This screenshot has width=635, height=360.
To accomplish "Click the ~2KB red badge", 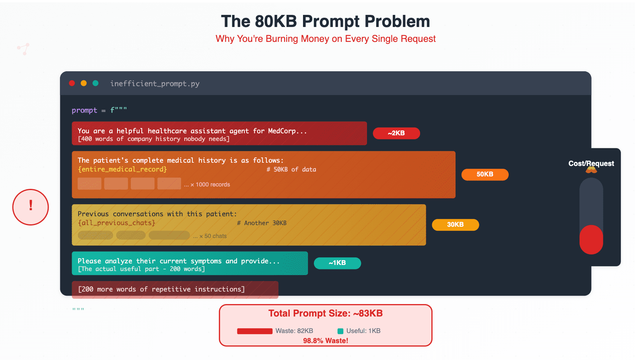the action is point(396,133).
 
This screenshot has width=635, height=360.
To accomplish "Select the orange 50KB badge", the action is point(485,174).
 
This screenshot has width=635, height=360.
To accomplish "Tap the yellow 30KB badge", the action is point(455,225).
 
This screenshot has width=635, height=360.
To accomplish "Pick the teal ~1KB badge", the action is point(337,263).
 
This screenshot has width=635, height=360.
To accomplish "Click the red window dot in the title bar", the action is point(72,83).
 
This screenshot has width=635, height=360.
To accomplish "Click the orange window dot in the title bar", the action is point(84,83).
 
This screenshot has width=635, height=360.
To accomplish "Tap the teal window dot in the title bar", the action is point(95,83).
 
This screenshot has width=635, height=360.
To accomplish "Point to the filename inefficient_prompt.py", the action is point(155,84).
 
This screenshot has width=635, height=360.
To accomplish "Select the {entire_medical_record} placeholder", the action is point(122,170).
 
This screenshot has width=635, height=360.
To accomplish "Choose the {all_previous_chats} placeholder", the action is point(117,223).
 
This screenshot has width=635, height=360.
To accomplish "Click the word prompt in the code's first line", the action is point(84,110).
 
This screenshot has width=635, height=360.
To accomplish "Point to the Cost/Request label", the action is point(591,163).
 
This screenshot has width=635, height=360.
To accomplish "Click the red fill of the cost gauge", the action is point(591,240).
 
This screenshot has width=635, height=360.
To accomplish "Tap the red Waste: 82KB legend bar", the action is point(255,331).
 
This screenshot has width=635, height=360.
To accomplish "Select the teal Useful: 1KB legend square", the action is point(340,331).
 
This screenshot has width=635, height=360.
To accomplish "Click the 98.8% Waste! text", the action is point(326,341).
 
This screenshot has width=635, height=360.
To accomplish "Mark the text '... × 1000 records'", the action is point(207,185).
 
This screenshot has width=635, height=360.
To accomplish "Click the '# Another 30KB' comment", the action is point(262,223).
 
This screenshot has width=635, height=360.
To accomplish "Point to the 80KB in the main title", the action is point(276,21).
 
